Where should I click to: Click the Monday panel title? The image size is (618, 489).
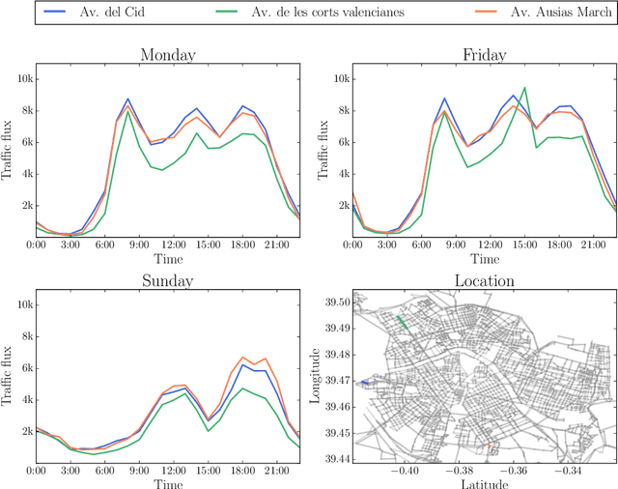168,56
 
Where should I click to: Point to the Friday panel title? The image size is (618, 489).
484,56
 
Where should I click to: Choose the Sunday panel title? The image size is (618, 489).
168,281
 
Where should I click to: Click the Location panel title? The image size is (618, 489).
484,281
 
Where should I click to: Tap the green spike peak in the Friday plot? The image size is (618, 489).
524,88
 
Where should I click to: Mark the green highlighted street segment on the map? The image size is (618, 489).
405,325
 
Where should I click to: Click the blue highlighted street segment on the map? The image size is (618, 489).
364,383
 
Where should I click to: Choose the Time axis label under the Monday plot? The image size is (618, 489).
168,259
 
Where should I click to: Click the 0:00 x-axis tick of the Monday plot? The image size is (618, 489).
36,245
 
